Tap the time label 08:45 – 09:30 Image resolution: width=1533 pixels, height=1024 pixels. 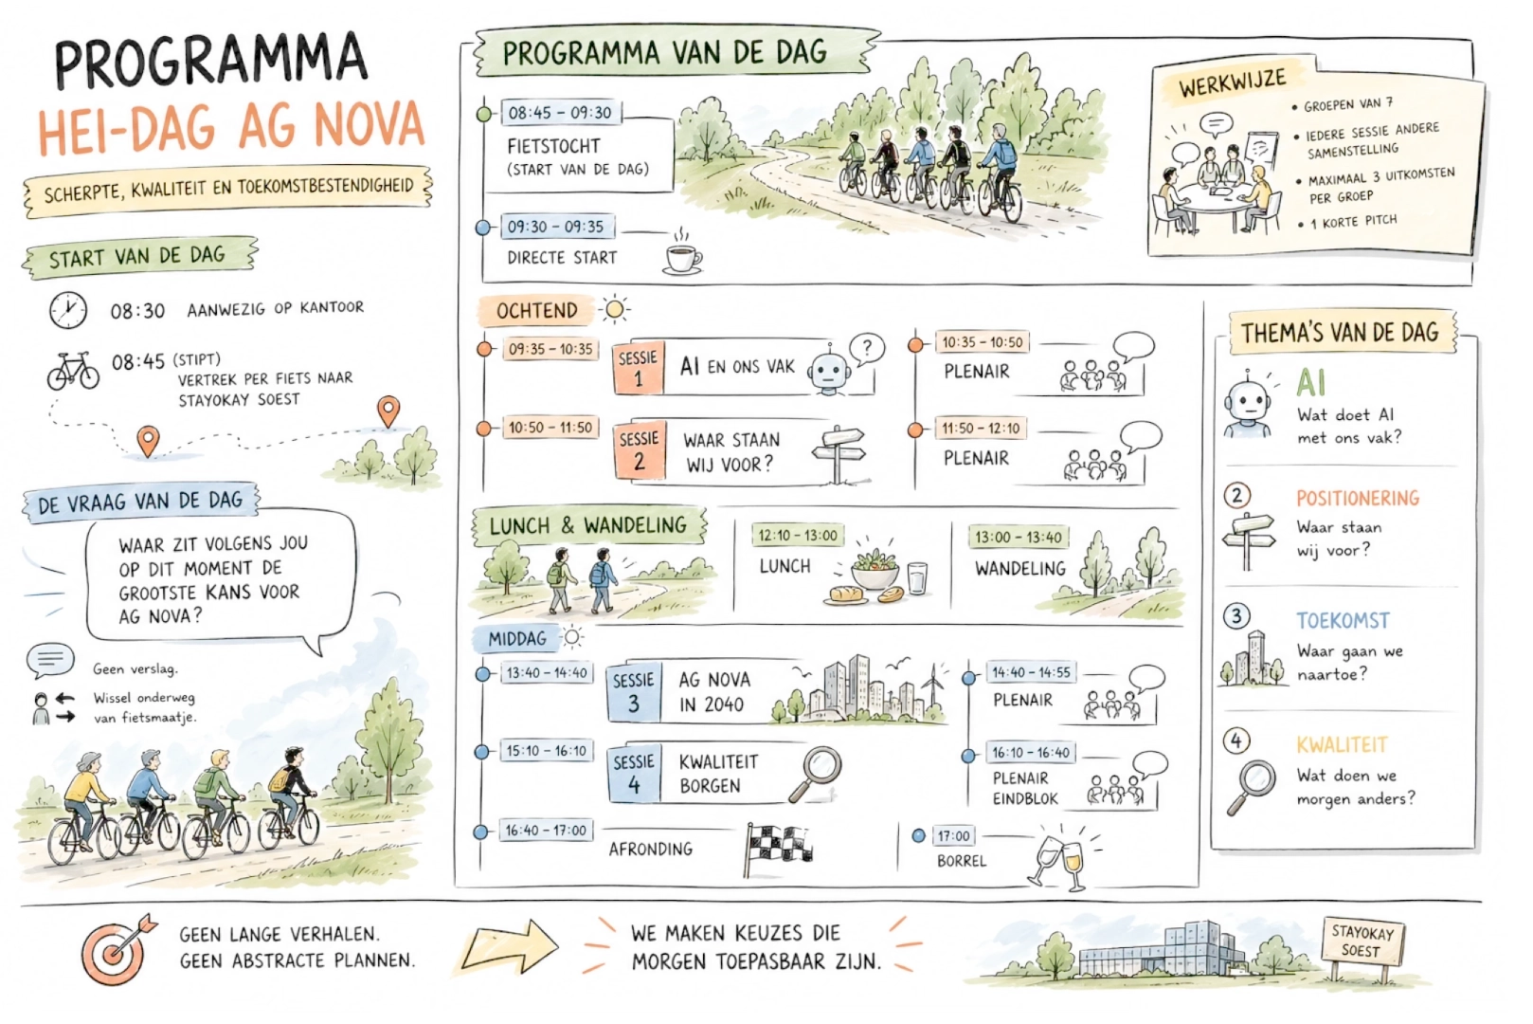pos(561,113)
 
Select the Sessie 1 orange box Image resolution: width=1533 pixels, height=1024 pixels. pos(639,368)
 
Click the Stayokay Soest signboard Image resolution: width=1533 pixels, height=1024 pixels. pos(1362,942)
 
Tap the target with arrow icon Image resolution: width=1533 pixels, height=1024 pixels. pos(117,950)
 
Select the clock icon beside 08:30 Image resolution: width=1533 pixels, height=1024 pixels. pos(68,310)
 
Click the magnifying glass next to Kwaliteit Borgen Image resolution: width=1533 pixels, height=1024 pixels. pos(815,774)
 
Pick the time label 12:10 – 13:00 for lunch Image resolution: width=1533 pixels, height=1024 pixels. pos(798,536)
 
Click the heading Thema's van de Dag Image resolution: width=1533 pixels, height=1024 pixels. pos(1342,333)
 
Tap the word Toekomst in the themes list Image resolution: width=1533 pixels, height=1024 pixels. pos(1343,621)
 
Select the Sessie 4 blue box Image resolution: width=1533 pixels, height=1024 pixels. pos(634,774)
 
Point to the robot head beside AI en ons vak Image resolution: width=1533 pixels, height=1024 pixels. pos(829,371)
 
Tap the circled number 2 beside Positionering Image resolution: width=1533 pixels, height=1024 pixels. pos(1236,495)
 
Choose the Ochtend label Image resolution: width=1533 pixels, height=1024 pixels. pos(536,311)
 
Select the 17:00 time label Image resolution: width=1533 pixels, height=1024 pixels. pos(953,836)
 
